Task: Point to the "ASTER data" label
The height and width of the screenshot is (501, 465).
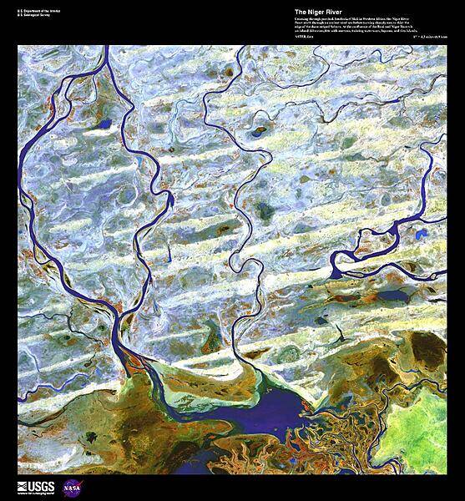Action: point(306,38)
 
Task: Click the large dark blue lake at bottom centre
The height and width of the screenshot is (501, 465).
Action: point(275,408)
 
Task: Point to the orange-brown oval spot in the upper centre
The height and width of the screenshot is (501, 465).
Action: point(260,129)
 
